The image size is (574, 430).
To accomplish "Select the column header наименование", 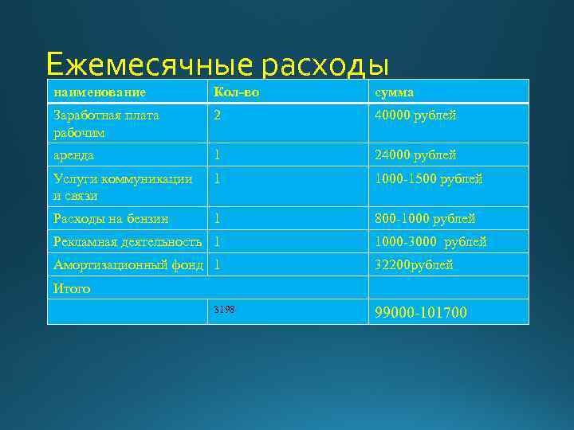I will (100, 92).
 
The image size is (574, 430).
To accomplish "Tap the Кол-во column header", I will (236, 92).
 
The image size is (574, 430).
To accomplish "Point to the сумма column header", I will (395, 92).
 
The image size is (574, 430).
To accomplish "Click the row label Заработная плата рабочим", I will (106, 123).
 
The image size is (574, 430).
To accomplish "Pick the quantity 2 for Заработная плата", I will (217, 115).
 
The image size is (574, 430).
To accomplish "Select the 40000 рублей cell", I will (416, 115).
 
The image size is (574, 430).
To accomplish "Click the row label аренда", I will (74, 155).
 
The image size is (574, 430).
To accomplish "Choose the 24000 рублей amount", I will (416, 155).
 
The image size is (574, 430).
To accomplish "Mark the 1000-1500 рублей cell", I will (429, 179).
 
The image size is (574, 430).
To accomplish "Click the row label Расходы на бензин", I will (111, 218).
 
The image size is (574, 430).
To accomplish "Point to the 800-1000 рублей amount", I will (426, 218).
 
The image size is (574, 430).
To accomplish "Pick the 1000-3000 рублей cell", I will (431, 241).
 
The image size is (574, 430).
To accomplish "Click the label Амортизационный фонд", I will (128, 264).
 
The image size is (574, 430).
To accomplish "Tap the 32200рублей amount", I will (415, 264).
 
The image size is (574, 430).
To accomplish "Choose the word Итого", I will (72, 288).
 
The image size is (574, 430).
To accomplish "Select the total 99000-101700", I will (421, 312).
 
